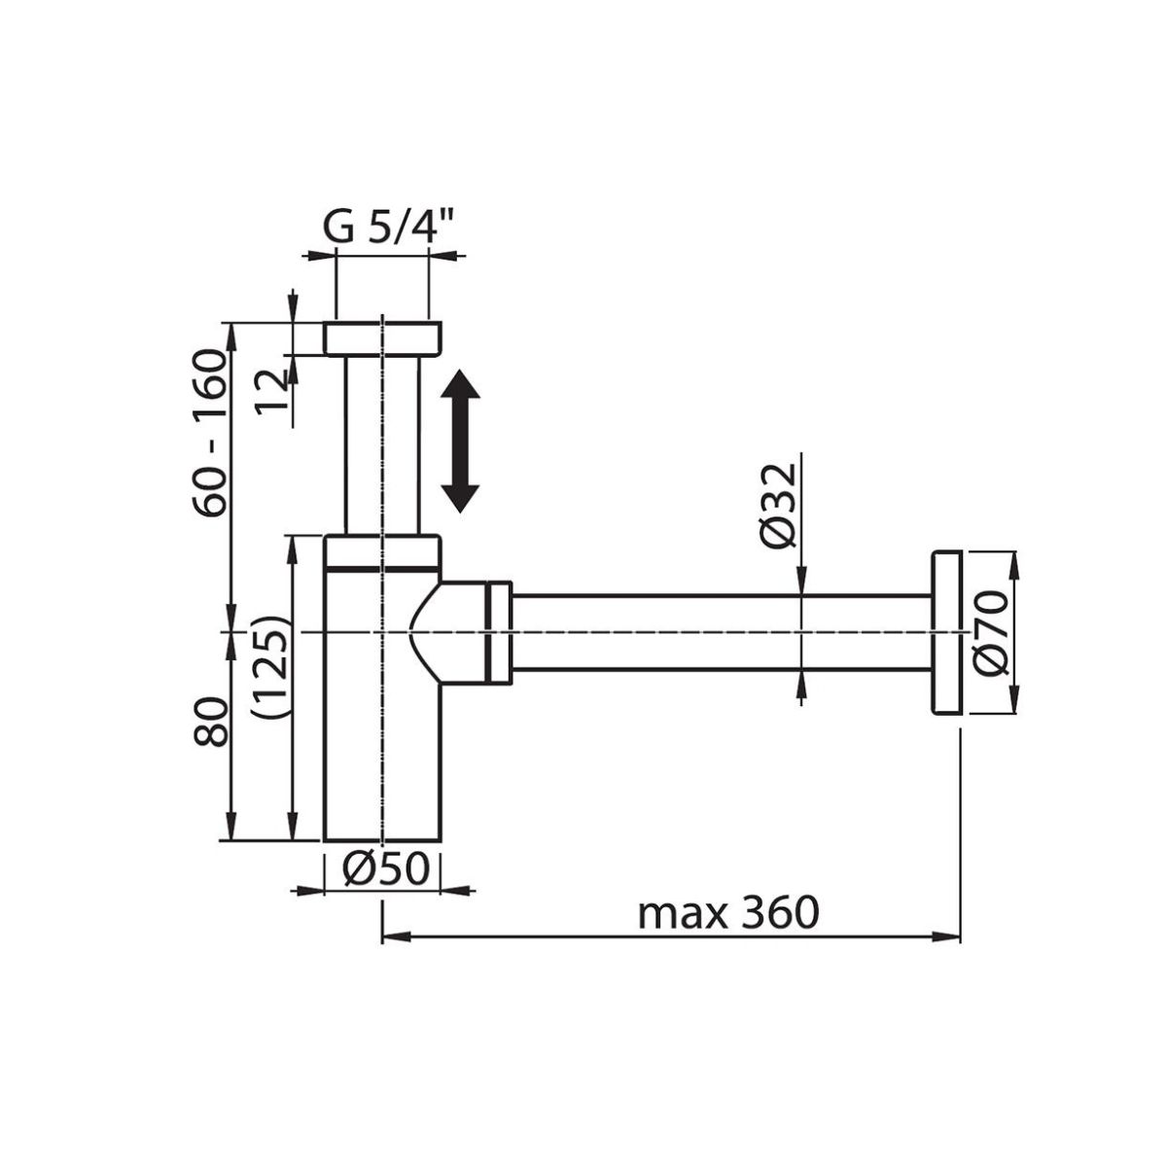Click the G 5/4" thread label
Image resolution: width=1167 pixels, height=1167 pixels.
click(x=389, y=229)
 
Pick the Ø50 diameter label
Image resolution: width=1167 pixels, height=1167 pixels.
click(x=385, y=869)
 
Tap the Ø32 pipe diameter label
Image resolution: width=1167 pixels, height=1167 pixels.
click(x=779, y=507)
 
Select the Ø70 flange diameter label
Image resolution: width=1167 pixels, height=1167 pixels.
click(x=992, y=633)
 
